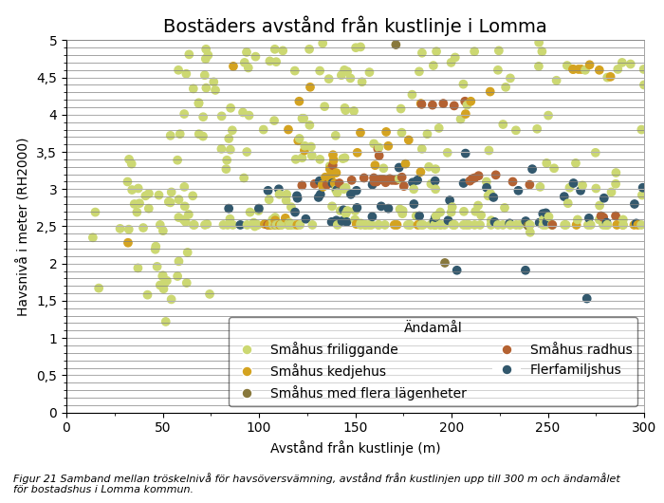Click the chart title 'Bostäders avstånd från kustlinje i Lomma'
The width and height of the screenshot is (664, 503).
(355, 26)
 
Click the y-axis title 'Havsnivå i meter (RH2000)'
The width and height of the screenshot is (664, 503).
(22, 227)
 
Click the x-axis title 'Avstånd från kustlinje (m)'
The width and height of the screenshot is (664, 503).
(355, 448)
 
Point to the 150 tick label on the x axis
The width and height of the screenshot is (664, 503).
(355, 428)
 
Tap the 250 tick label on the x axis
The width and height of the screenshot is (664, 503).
(547, 428)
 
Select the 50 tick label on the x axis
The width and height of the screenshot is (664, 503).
(162, 428)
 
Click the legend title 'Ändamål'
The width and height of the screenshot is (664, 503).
(433, 327)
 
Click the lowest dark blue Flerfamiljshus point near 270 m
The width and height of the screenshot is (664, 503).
(587, 299)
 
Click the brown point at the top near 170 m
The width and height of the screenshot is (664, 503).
(396, 45)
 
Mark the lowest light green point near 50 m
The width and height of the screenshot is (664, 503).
(166, 322)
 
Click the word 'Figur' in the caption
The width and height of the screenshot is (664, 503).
(29, 478)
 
